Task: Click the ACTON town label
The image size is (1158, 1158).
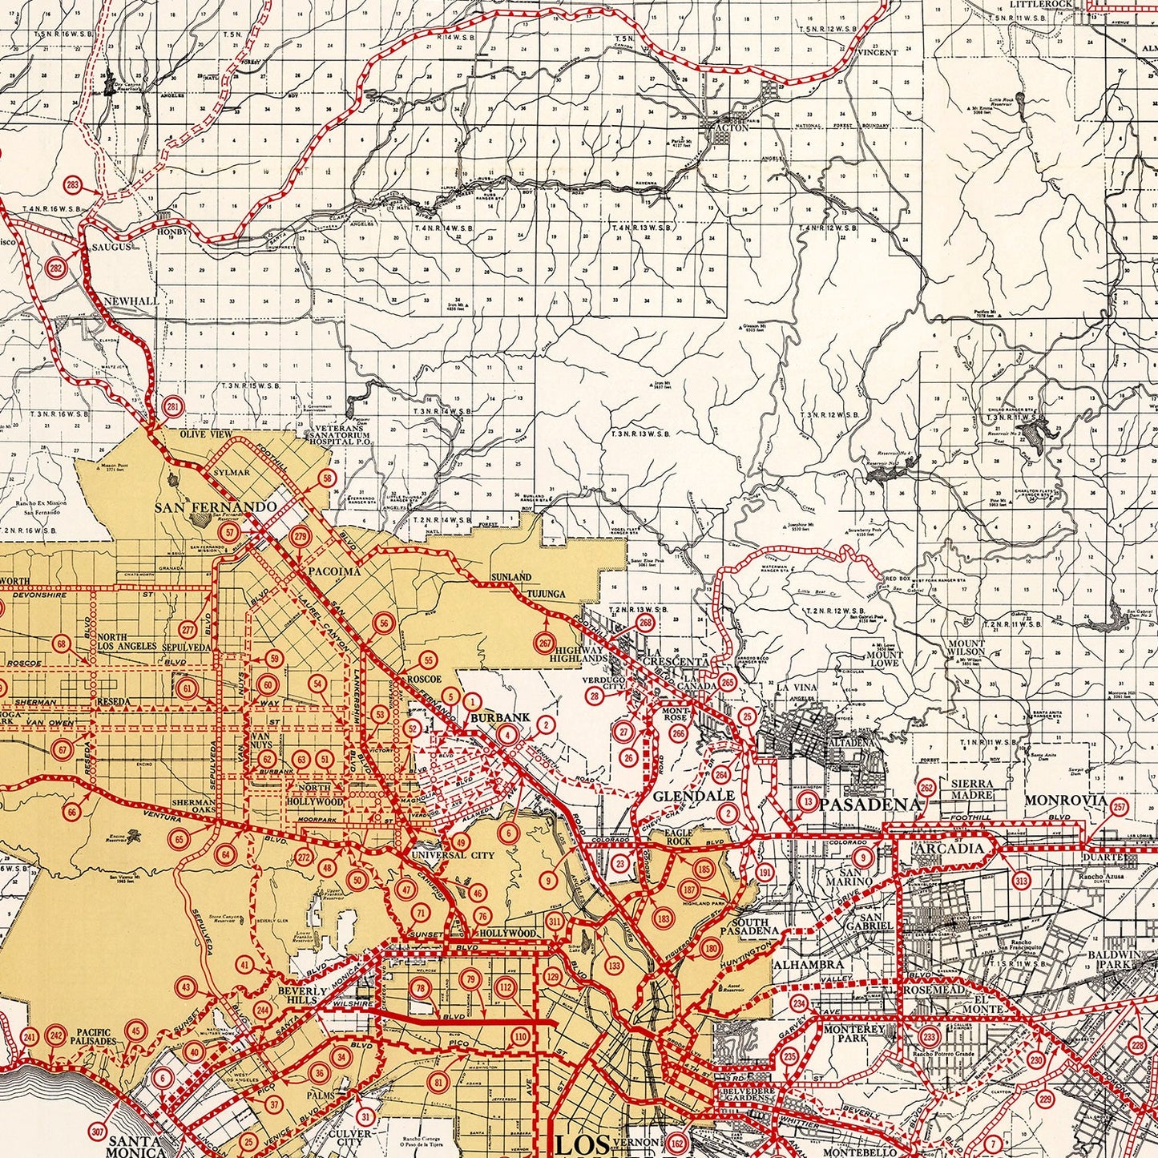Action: pyautogui.click(x=735, y=127)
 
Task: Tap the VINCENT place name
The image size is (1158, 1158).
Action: pyautogui.click(x=878, y=53)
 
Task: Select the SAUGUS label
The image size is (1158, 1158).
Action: pyautogui.click(x=111, y=247)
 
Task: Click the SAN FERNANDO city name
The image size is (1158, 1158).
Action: pyautogui.click(x=216, y=507)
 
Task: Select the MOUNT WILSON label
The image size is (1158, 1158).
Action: pyautogui.click(x=966, y=648)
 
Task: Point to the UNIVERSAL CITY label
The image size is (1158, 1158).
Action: pyautogui.click(x=442, y=855)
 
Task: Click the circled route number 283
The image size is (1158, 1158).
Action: pyautogui.click(x=74, y=186)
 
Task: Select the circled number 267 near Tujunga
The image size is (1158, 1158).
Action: pyautogui.click(x=546, y=644)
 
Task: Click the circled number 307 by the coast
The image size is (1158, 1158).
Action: pyautogui.click(x=98, y=1132)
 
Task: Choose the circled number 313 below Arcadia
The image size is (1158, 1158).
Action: pyautogui.click(x=1020, y=882)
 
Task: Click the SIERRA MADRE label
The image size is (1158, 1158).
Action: pyautogui.click(x=972, y=789)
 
